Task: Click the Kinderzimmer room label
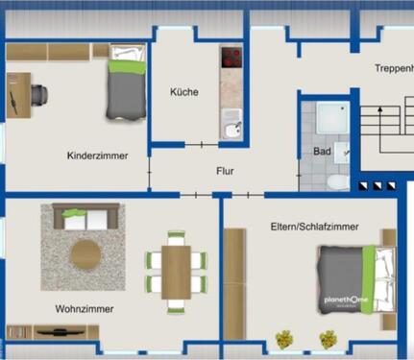click(x=98, y=156)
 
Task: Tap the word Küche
click(x=184, y=92)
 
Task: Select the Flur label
click(x=225, y=172)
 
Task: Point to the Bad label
click(x=322, y=152)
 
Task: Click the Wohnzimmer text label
click(x=85, y=309)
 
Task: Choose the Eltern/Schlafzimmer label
click(x=315, y=227)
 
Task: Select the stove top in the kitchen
click(x=231, y=60)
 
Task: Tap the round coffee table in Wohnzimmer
click(x=87, y=255)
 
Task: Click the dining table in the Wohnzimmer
click(x=176, y=272)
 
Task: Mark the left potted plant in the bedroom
click(x=283, y=339)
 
